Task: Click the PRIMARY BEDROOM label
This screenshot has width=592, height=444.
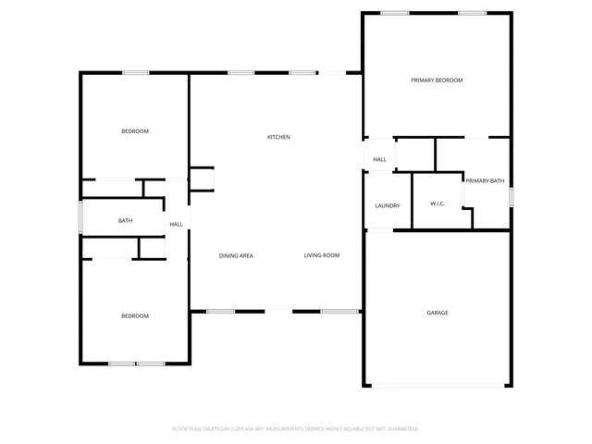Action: click(437, 80)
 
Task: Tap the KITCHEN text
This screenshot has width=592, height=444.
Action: click(278, 137)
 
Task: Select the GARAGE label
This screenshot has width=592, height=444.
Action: click(437, 313)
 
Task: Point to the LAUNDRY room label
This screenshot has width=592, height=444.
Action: click(387, 205)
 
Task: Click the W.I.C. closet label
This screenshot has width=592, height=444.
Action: click(438, 203)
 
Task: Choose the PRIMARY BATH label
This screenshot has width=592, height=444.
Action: click(485, 181)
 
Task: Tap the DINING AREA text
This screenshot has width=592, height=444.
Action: click(236, 255)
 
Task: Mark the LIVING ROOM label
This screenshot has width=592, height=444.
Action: click(322, 255)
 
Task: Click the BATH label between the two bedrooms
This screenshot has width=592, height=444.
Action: click(125, 221)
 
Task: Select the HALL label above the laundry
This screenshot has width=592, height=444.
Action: click(379, 160)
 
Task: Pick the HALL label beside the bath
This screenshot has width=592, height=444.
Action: click(176, 224)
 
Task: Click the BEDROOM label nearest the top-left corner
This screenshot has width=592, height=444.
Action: click(135, 131)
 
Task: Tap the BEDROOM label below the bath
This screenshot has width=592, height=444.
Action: click(135, 316)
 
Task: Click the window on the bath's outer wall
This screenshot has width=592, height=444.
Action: click(80, 217)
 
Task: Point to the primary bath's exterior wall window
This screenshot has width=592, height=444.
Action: click(511, 197)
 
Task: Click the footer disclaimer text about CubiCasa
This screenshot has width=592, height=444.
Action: click(296, 429)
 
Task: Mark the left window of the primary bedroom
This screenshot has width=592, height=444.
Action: click(395, 13)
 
